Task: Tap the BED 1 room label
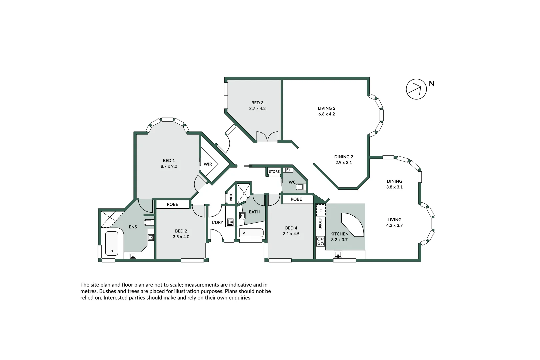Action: (169, 161)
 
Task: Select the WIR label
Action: (208, 164)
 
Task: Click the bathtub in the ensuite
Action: (112, 243)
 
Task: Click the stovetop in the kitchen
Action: (320, 241)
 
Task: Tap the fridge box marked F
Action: (321, 211)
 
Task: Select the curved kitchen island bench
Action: (352, 225)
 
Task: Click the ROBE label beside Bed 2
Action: (172, 204)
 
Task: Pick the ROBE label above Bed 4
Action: (296, 199)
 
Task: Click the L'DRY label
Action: (217, 222)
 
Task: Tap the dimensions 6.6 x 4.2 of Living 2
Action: (327, 114)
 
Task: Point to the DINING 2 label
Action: (344, 157)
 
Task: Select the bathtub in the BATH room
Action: (251, 233)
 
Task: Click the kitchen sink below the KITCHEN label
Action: (338, 254)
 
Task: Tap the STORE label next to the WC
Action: (274, 172)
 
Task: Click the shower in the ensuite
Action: (111, 219)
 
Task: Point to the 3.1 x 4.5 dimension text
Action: (291, 234)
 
